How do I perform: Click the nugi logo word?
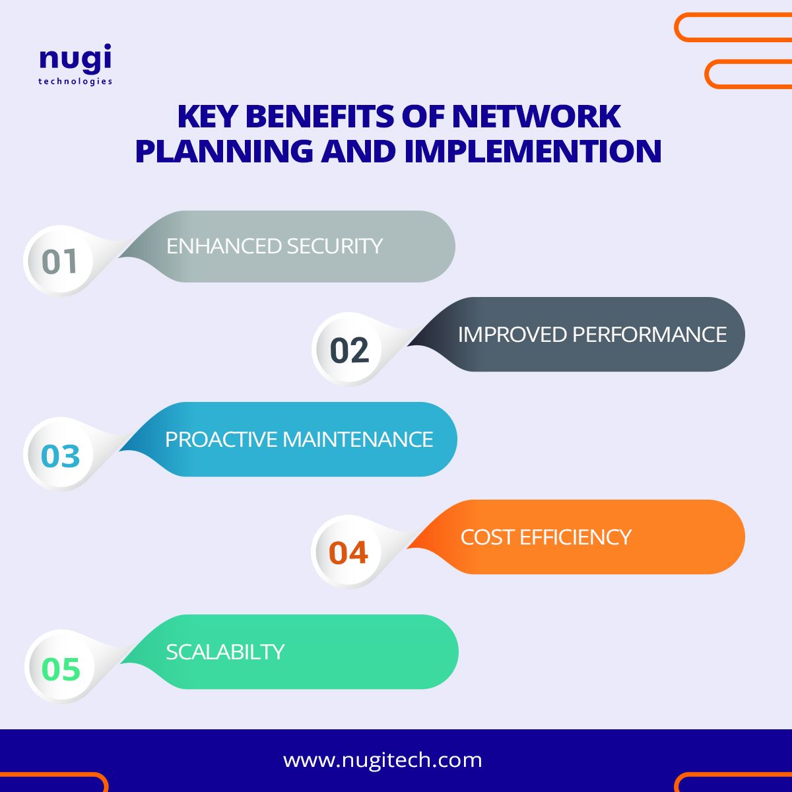[75, 60]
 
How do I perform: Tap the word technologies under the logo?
[75, 81]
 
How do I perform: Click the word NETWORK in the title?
[536, 117]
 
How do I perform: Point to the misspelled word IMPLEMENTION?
[533, 150]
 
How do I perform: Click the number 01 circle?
[60, 261]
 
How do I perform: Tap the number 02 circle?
[349, 350]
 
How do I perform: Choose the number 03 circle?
[60, 456]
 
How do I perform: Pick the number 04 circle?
[348, 552]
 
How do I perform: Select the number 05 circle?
[61, 669]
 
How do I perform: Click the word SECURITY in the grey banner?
[335, 246]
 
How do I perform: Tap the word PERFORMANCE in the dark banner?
[649, 335]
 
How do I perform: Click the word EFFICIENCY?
[576, 537]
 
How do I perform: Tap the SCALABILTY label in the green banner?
[225, 652]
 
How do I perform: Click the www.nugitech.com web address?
[383, 760]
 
